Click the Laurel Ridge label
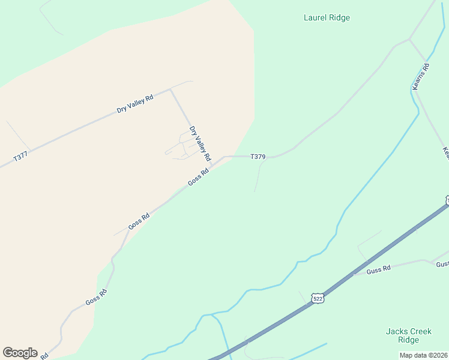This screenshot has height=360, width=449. pyautogui.click(x=327, y=18)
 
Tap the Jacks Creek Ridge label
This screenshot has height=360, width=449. pyautogui.click(x=408, y=335)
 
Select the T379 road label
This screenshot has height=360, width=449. pyautogui.click(x=258, y=157)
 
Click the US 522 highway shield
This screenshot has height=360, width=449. pyautogui.click(x=318, y=298)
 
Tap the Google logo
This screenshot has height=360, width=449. pyautogui.click(x=20, y=353)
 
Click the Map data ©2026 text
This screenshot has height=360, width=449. pyautogui.click(x=423, y=355)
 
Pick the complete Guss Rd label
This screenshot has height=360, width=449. pyautogui.click(x=378, y=269)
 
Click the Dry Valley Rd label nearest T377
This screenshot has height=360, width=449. pyautogui.click(x=135, y=104)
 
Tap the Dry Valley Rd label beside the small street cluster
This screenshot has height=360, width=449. pyautogui.click(x=200, y=143)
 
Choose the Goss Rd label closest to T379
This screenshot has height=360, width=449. pyautogui.click(x=197, y=176)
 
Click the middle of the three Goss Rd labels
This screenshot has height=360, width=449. pyautogui.click(x=139, y=222)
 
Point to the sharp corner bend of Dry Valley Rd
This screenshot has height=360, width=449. pyautogui.click(x=171, y=90)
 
